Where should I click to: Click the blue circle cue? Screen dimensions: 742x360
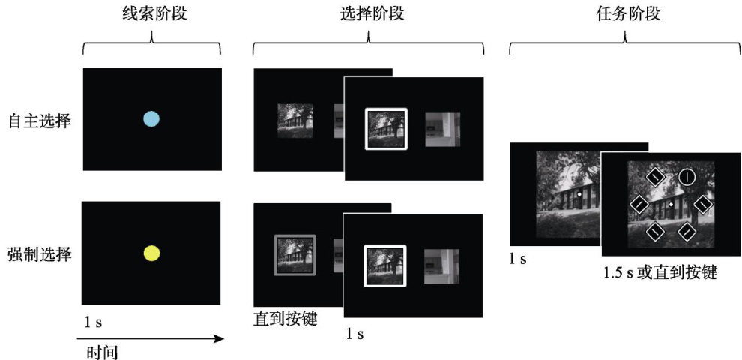pos(151,119)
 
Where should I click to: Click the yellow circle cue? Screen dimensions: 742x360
pos(151,253)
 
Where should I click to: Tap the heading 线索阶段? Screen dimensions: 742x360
pos(152,13)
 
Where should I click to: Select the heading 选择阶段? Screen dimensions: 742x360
pos(368,13)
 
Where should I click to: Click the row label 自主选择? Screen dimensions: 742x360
pos(40,122)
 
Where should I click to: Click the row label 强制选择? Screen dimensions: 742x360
pos(40,255)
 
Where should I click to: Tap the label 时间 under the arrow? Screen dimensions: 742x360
pos(102,352)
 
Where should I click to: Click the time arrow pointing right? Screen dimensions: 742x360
pos(150,338)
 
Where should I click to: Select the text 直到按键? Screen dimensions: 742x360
pos(285,319)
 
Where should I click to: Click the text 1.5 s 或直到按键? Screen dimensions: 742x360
pos(660,273)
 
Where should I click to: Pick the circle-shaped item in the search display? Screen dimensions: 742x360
pos(686,177)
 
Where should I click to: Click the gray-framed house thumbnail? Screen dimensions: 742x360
pos(295,255)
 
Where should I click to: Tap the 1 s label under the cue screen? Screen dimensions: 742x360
pos(93,322)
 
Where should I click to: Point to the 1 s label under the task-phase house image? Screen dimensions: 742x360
pos(518,259)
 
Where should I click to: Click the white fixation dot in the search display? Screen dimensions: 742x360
pos(671,204)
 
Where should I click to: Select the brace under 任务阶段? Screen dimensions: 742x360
pos(625,43)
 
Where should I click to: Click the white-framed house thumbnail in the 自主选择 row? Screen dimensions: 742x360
pos(386,129)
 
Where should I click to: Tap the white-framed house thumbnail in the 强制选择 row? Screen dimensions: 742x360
pos(385,265)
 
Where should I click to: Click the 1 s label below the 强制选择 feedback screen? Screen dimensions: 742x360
pos(355,334)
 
